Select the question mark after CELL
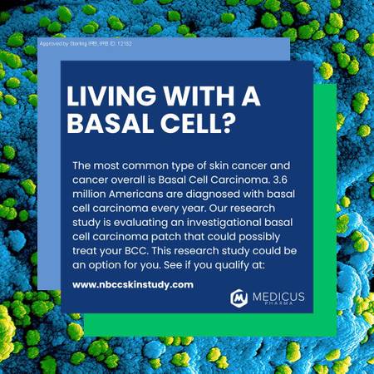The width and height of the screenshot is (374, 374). pos(229,123)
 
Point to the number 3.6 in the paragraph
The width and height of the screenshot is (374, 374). pos(280,180)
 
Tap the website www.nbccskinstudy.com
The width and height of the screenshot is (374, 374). pos(133,284)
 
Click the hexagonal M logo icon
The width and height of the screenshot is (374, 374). pos(239,298)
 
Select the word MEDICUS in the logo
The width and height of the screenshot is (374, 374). pos(278,297)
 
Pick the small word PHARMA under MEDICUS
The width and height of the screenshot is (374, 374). pos(278,303)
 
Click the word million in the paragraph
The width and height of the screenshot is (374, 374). pos(89,194)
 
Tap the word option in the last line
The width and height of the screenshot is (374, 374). pos(105,265)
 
